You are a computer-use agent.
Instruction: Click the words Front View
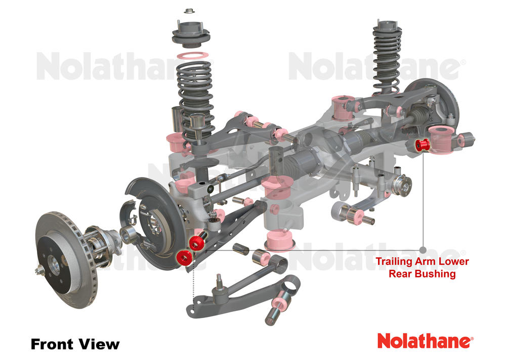click(x=75, y=344)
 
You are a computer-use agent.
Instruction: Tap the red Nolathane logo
click(x=425, y=340)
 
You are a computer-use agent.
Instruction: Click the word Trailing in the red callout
click(x=393, y=262)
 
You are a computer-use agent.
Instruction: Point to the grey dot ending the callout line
click(x=423, y=249)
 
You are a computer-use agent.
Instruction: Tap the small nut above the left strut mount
click(x=189, y=11)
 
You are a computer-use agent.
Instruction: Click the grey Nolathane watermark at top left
click(x=121, y=68)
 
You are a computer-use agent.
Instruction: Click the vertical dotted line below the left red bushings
click(x=192, y=288)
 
